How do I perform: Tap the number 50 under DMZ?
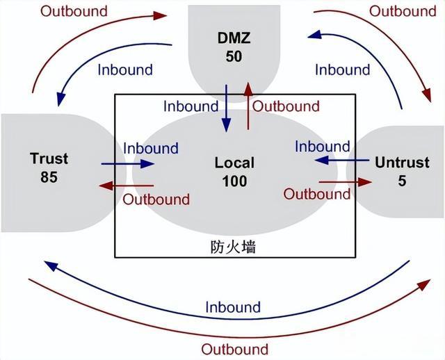coord(234,56)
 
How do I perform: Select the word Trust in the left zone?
coord(49,158)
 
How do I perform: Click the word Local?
coord(234,163)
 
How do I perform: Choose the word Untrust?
coord(402,163)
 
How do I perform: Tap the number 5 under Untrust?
coord(402,181)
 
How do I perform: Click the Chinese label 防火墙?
coord(233,247)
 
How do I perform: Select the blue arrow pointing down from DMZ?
coord(226,107)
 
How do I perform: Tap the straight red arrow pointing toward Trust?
coord(126,186)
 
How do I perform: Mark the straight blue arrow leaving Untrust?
coord(340,161)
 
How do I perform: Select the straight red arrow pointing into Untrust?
coord(346,181)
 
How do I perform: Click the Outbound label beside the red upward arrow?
coord(286,106)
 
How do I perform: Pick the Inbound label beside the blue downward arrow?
coord(191,106)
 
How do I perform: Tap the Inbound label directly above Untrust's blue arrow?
coord(322,147)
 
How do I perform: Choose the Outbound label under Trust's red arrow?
coord(156,199)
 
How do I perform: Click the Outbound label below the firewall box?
coord(234,348)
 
